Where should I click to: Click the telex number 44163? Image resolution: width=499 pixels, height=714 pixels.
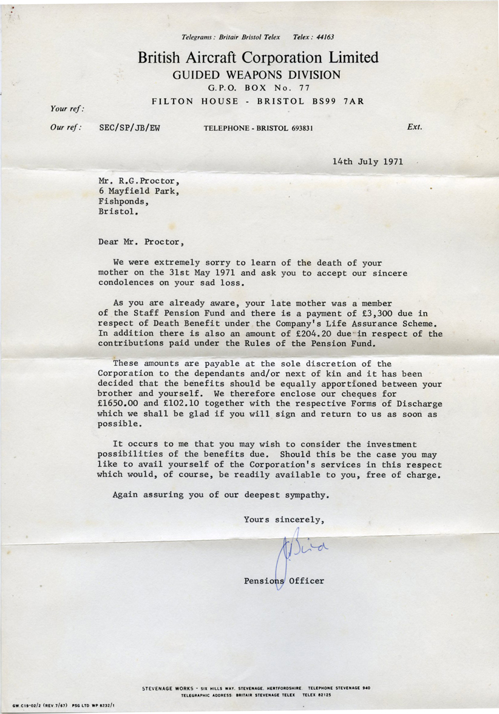[323, 37]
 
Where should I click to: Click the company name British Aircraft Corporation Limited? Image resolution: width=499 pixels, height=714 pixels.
[258, 58]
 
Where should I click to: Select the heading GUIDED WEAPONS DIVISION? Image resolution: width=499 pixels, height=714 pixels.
[257, 75]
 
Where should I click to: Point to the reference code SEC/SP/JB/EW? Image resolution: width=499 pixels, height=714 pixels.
[129, 128]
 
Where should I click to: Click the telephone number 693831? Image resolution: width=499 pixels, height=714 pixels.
[297, 128]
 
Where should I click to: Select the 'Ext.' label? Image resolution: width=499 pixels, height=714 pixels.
[415, 127]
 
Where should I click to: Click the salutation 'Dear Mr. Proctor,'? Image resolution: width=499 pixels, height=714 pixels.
[140, 242]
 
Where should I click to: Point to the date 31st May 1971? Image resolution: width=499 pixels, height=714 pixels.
[200, 273]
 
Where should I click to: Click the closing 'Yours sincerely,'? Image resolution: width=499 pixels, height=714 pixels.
[279, 519]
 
